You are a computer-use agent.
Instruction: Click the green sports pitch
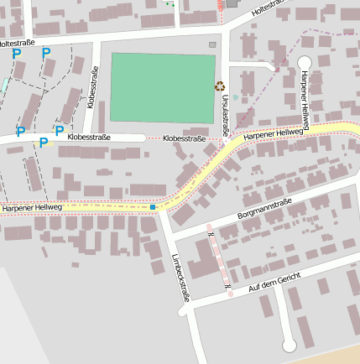point(163,88)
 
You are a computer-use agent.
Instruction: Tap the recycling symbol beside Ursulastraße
point(220,85)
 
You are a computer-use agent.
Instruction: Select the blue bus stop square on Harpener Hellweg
point(154,205)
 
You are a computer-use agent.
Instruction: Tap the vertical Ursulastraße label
point(225,114)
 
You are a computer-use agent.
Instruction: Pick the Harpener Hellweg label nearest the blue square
point(32,207)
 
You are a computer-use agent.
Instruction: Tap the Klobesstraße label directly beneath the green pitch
point(185,138)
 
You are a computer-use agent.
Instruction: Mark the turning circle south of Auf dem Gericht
point(289,344)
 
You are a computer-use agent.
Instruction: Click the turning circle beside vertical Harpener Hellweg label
point(304,62)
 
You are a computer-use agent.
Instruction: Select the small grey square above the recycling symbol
point(212,44)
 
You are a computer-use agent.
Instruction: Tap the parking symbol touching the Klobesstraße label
point(59,131)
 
